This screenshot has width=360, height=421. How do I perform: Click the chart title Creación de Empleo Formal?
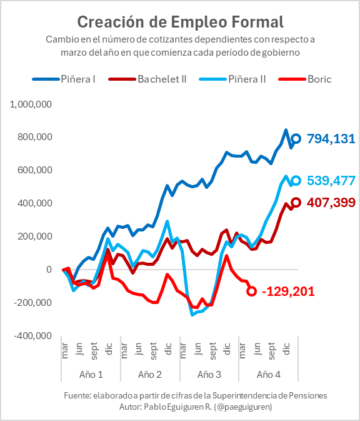(180, 22)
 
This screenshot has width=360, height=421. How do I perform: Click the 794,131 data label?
(331, 138)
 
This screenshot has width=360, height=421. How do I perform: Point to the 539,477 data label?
(331, 181)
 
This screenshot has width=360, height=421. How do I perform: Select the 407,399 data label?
(331, 203)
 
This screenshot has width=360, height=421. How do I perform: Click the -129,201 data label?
(288, 292)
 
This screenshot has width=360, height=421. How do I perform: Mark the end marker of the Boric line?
(252, 291)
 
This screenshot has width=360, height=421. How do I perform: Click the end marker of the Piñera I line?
(296, 138)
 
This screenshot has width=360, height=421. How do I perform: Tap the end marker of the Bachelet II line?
(296, 202)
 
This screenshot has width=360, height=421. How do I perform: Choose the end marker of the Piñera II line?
(296, 180)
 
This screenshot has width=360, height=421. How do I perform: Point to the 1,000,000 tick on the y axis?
(31, 104)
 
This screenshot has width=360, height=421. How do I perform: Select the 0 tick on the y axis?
(48, 270)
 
